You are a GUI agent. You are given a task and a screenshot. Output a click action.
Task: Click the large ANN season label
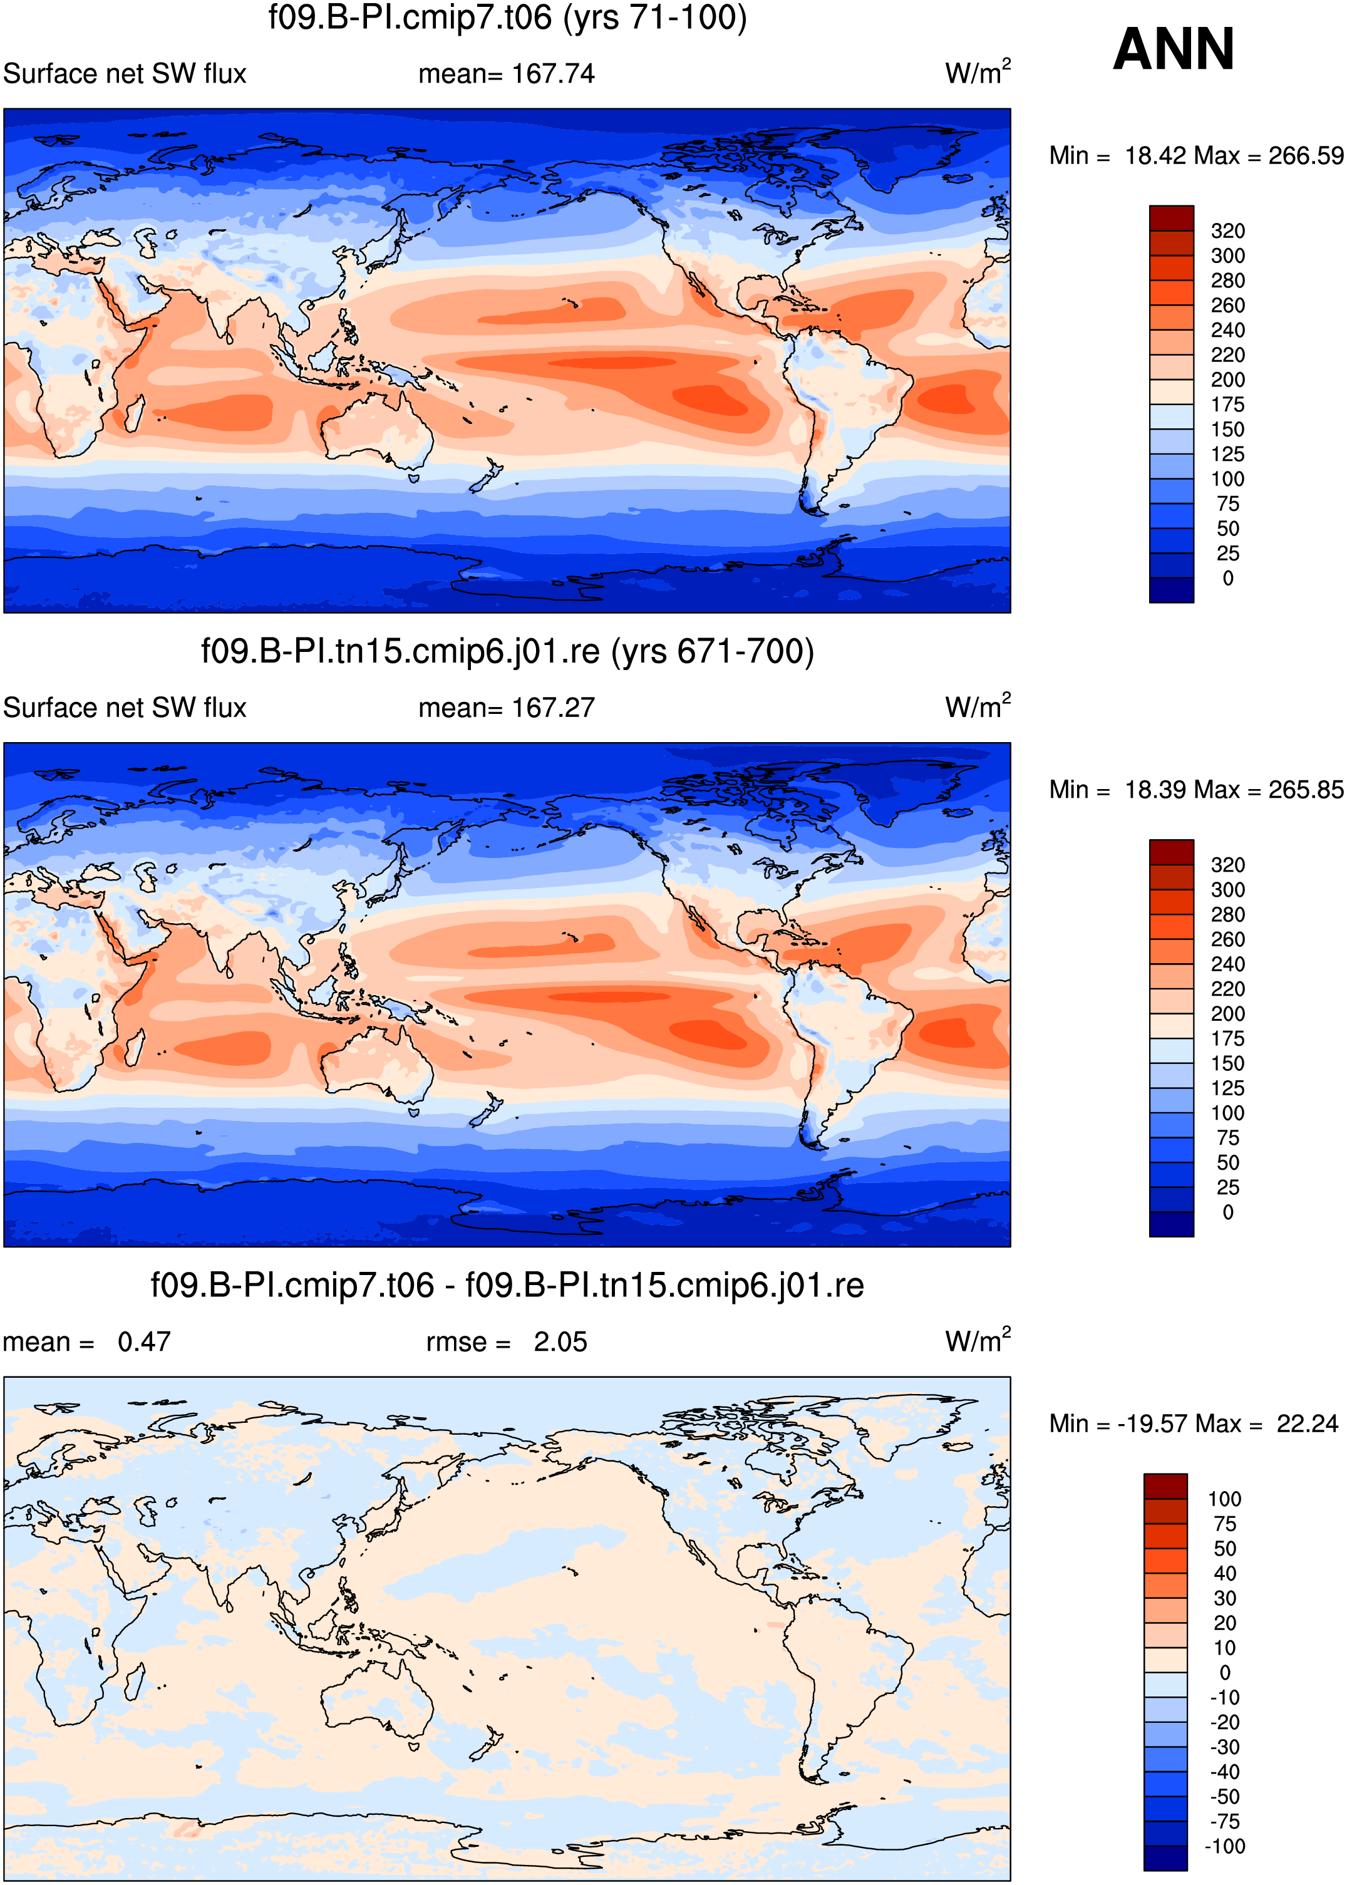1174,49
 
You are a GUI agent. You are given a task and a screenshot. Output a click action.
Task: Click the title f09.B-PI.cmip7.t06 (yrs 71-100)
508,18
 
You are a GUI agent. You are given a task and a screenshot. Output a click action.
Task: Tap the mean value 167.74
553,74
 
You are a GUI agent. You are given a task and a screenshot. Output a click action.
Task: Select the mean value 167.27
553,708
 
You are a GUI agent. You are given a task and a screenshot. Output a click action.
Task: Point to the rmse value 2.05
560,1342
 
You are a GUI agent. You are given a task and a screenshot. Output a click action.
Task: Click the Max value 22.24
1307,1424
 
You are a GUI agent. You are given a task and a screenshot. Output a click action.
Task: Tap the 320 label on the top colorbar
1227,230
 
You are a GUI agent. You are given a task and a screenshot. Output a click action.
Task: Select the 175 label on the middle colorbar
1227,1038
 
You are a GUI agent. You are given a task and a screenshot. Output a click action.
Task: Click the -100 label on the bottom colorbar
1224,1846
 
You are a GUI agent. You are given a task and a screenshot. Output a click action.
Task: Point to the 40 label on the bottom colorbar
1224,1573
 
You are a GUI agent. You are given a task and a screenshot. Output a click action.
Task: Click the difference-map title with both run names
508,1286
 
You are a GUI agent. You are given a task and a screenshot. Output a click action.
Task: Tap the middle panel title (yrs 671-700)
508,651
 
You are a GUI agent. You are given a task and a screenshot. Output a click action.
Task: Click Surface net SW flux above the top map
125,74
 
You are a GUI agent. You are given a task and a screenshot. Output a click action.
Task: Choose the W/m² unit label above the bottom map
978,1340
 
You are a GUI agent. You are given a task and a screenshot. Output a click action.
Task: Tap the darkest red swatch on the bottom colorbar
1165,1486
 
